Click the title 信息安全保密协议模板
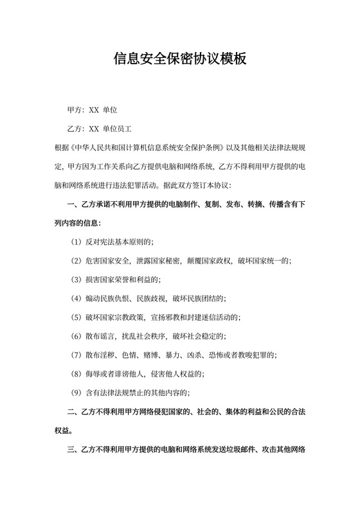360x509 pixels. click(x=180, y=59)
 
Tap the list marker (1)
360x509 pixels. click(x=75, y=242)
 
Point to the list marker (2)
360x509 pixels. click(x=75, y=260)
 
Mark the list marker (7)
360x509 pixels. click(x=75, y=354)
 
